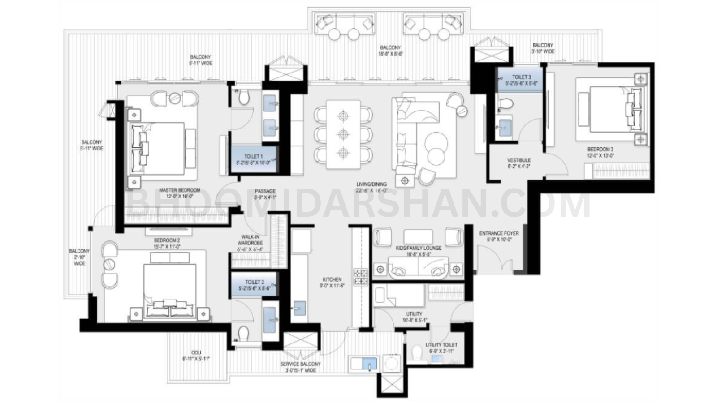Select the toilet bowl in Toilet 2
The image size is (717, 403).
(243, 333)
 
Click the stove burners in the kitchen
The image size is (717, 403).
(361, 277)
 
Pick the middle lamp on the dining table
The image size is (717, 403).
(343, 134)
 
